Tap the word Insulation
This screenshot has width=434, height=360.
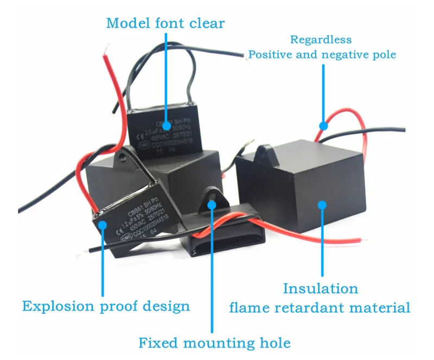(x=321, y=288)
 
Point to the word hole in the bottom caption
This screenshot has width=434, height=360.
(x=275, y=343)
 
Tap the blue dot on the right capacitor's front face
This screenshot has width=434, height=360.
(x=322, y=205)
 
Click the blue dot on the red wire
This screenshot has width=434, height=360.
(x=323, y=125)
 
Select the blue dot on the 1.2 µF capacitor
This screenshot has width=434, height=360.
(x=101, y=224)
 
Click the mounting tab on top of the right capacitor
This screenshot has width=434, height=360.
(x=265, y=153)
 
